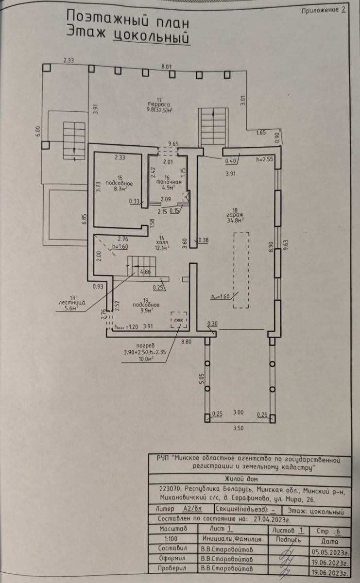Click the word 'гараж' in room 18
point(235,215)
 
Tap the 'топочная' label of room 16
point(169,182)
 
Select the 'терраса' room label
point(159,104)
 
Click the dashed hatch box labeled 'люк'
point(179,320)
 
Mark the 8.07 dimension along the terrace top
point(167,67)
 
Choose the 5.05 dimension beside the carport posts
point(202,378)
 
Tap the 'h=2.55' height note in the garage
point(264,159)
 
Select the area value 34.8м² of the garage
point(235,221)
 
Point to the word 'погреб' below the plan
point(145,346)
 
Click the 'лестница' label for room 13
point(72,303)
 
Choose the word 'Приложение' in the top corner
point(320,10)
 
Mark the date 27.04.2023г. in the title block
point(272,519)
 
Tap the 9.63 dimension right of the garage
point(286,245)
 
